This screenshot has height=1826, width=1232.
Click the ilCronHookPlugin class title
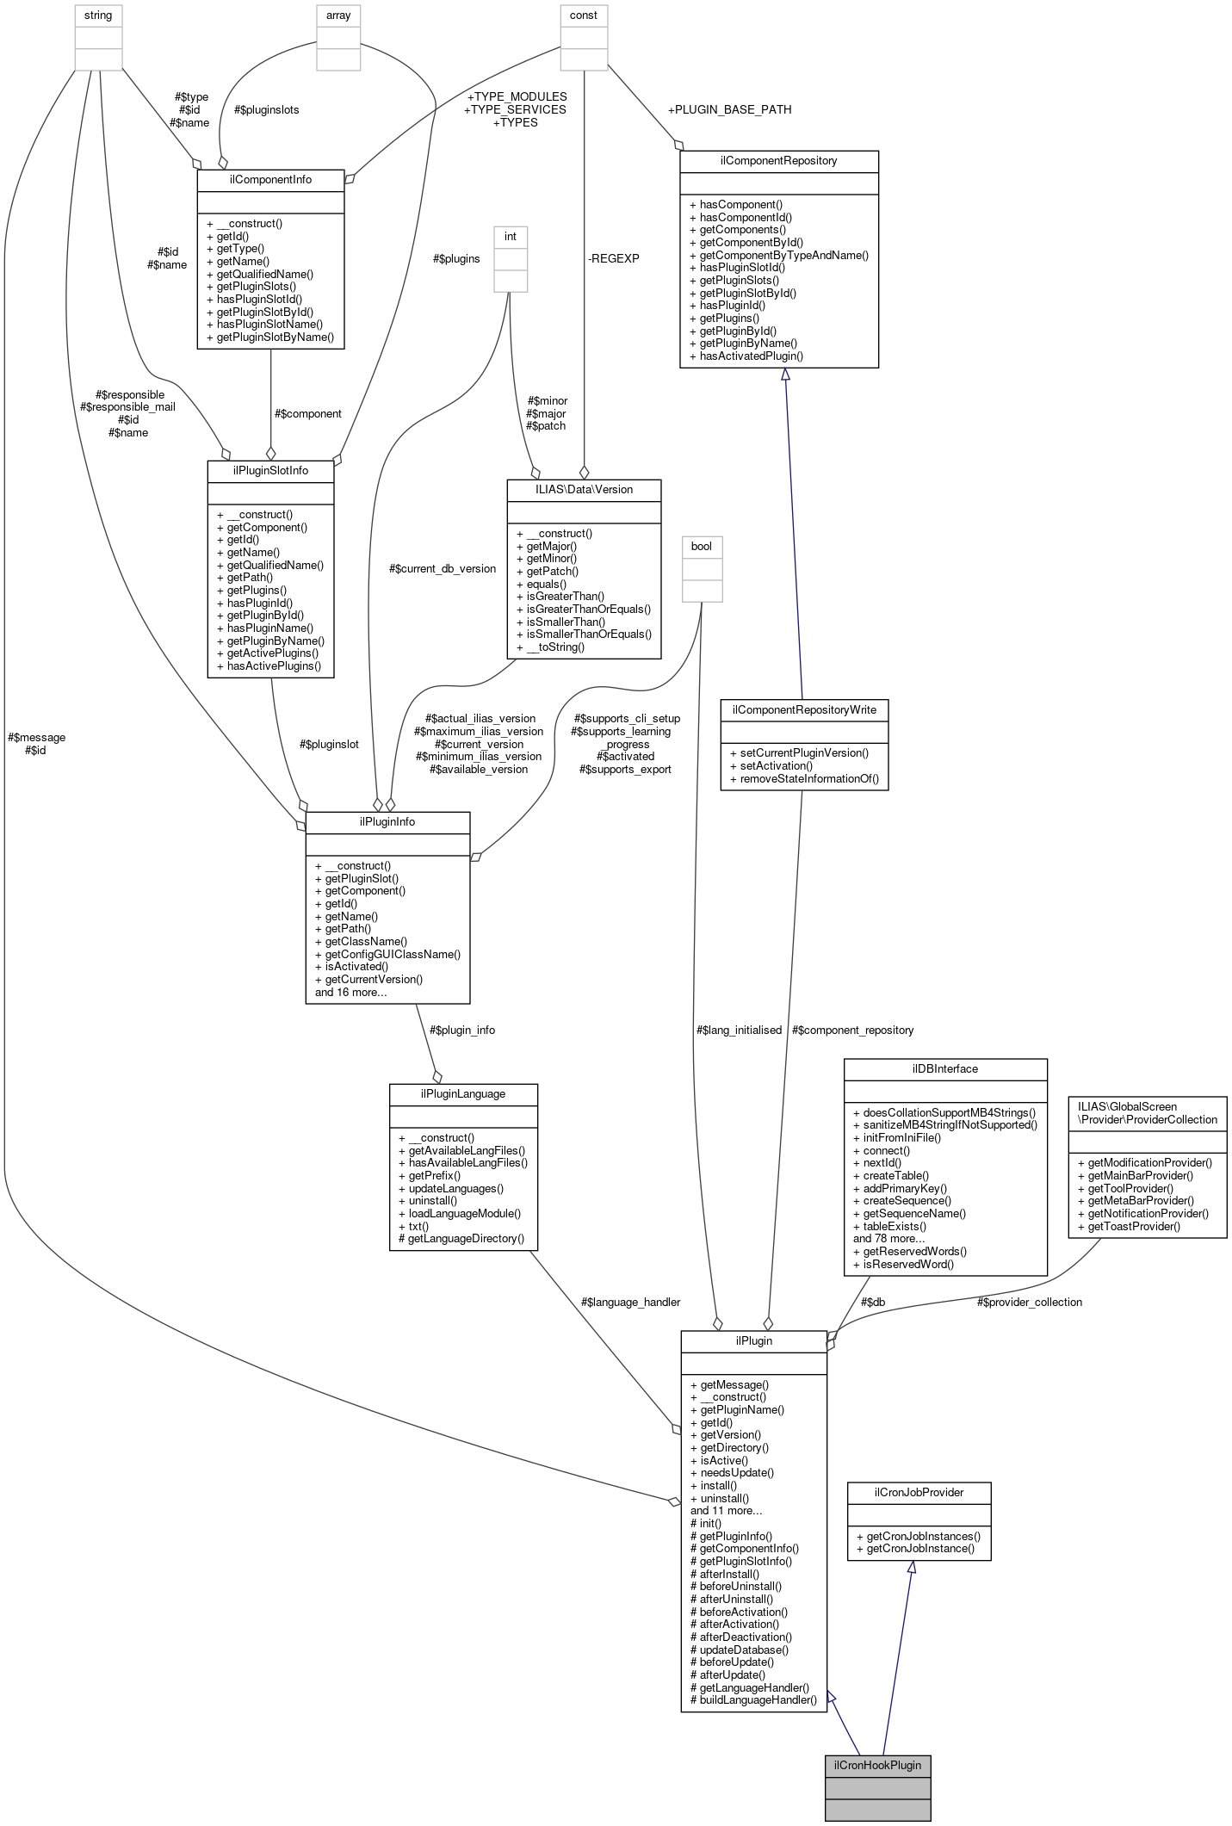coord(877,1764)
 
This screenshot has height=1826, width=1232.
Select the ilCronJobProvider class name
coord(919,1492)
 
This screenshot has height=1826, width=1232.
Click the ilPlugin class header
coord(753,1340)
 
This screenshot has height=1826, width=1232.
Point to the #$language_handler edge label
coord(630,1302)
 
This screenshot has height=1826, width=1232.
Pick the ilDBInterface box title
coord(944,1068)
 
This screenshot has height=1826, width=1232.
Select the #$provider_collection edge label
coord(1029,1302)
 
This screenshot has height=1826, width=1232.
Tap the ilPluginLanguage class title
coord(463,1093)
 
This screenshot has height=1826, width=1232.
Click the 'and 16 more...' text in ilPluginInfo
coord(350,992)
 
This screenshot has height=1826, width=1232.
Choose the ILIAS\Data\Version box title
coord(584,489)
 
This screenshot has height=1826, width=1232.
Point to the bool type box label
coord(702,546)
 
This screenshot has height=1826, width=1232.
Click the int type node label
coord(511,236)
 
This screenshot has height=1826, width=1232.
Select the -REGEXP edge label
coord(614,258)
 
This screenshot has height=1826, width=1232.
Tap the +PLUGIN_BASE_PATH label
coord(729,109)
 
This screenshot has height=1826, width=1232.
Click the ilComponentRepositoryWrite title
coord(804,709)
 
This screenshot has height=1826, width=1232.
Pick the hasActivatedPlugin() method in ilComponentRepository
coord(751,356)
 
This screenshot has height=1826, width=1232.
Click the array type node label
coord(338,15)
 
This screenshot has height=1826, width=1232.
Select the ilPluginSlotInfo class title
coord(270,470)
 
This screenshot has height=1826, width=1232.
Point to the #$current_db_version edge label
coord(443,568)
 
